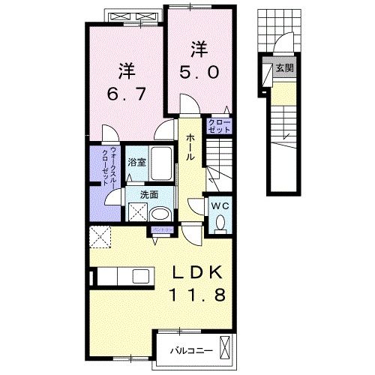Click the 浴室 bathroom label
[x=136, y=162]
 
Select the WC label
[x=220, y=205]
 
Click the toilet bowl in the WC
[x=220, y=222]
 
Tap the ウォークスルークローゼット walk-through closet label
[x=106, y=165]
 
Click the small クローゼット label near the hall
[x=220, y=125]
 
